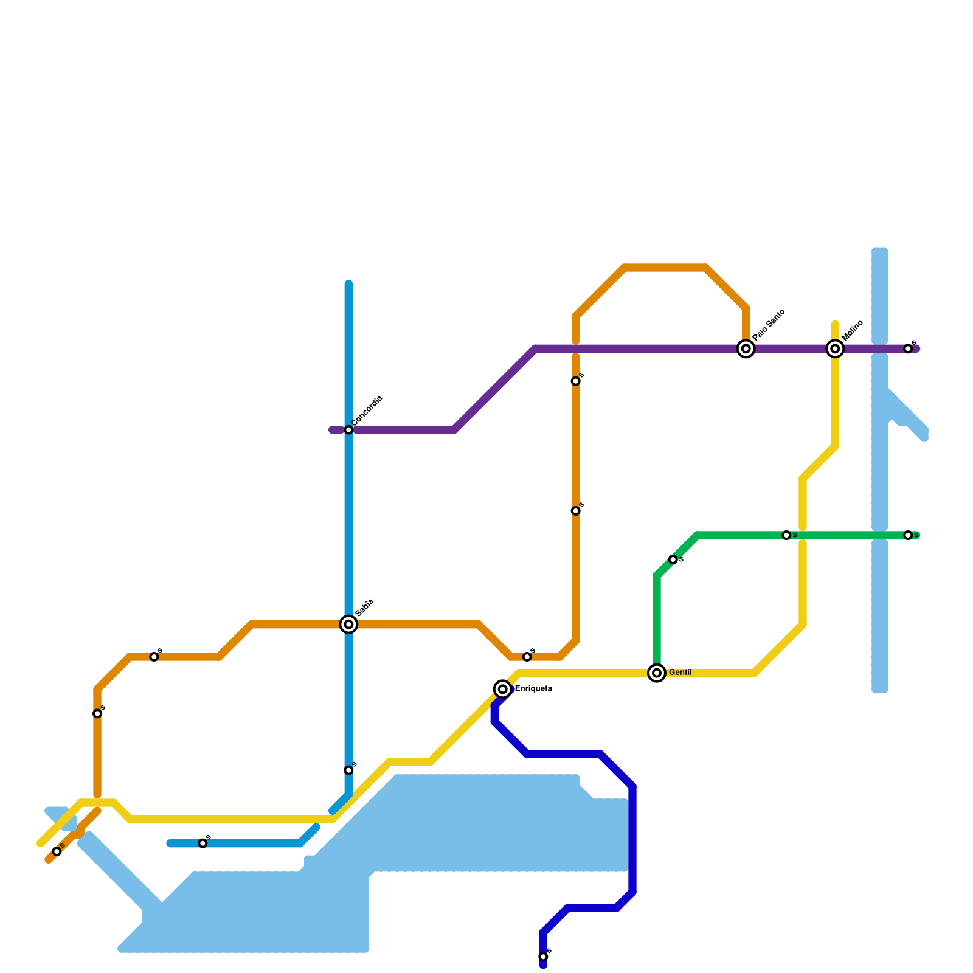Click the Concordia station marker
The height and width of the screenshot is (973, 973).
coord(348,430)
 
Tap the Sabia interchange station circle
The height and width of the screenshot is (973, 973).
coord(348,624)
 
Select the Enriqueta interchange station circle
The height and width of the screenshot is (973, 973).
coord(502,689)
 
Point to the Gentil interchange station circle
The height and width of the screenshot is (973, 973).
coord(657,673)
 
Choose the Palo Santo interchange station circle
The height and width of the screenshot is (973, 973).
coord(746,348)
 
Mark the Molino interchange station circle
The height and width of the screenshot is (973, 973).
coord(836,348)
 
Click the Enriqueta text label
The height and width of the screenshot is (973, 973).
coord(533,689)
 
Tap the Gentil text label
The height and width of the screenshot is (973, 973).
coord(680,673)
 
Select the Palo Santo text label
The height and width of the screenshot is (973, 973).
coord(769,325)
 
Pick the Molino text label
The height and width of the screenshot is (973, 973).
coord(853,330)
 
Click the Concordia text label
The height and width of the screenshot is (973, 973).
coord(367,410)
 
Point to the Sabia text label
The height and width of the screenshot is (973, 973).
coord(365,607)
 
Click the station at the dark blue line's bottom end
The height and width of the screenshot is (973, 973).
coord(543,957)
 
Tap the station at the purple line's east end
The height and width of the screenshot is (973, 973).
coord(908,348)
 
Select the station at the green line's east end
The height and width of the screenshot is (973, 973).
coord(908,535)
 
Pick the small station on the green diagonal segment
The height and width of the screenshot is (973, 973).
coord(673,559)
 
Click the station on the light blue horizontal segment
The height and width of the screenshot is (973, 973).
coord(203,843)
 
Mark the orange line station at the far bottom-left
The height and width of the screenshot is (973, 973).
coord(57,851)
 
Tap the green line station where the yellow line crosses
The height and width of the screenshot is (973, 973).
coord(786,535)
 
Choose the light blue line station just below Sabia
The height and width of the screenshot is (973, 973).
coord(348,770)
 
